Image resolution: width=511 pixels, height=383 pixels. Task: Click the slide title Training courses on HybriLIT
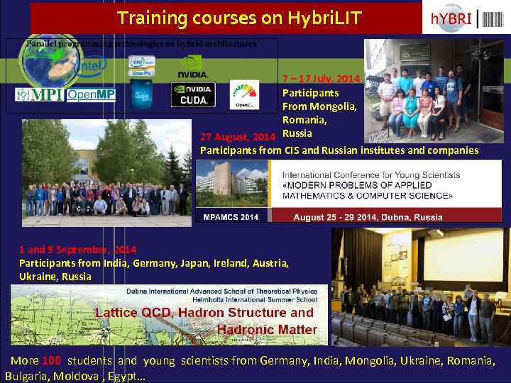click(239, 18)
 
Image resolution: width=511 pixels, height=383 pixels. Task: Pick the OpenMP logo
click(91, 95)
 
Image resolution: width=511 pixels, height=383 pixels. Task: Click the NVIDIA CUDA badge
click(192, 94)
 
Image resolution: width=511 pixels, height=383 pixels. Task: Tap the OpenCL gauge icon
click(244, 94)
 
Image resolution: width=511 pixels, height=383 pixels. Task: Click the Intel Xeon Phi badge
click(141, 65)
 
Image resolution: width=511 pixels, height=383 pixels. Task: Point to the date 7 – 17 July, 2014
click(321, 78)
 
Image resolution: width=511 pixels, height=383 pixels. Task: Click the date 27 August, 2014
click(237, 136)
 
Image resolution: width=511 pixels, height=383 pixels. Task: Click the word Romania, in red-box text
click(306, 120)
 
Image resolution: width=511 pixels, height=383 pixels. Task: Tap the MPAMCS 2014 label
click(231, 216)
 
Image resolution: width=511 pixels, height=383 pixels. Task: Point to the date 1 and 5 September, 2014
click(77, 250)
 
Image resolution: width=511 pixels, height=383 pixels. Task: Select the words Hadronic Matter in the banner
click(267, 329)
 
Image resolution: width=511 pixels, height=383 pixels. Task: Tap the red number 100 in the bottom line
click(51, 360)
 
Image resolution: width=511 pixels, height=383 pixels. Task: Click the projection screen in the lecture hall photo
click(458, 258)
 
